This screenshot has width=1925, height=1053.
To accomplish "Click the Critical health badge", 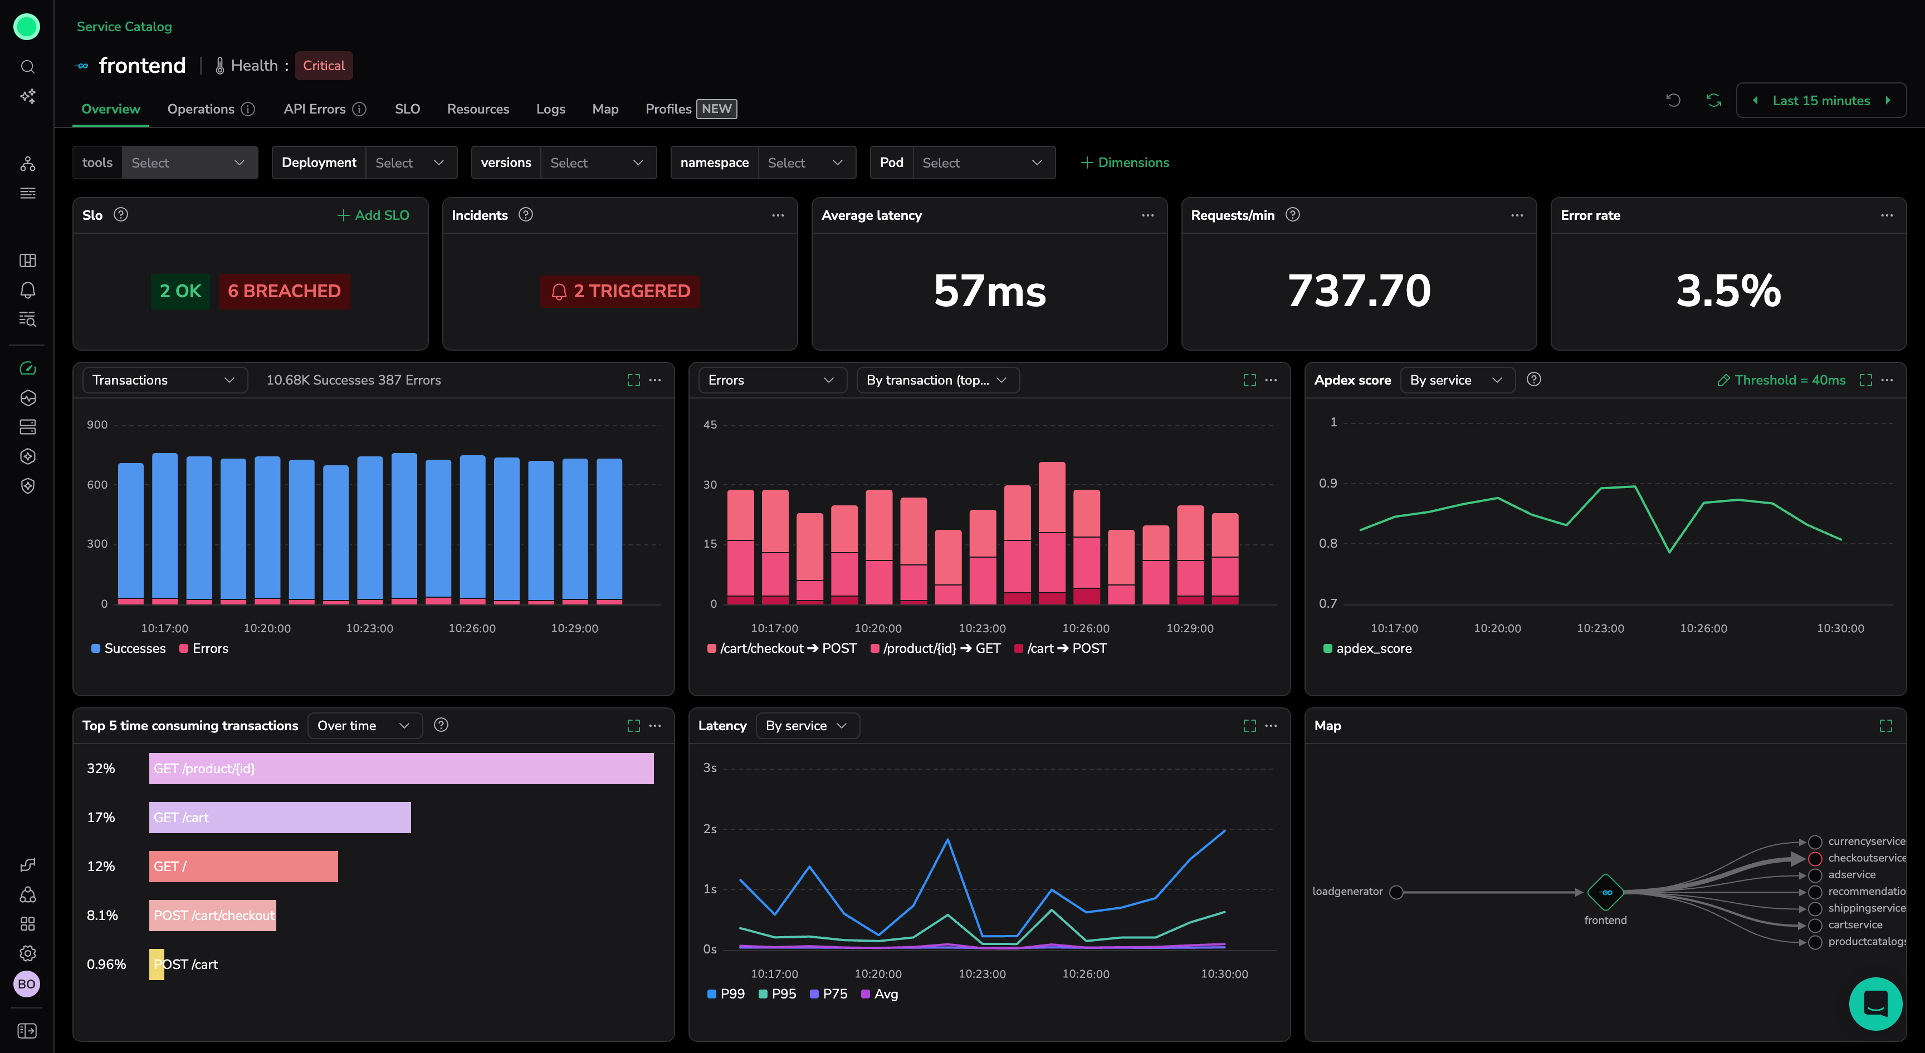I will pos(324,66).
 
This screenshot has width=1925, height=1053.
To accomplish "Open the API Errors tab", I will pos(315,109).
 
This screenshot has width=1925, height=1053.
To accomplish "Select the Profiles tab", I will pos(668,109).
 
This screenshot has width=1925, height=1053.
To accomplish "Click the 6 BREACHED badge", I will pos(284,291).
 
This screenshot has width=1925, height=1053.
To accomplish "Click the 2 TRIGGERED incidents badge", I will pos(621,291).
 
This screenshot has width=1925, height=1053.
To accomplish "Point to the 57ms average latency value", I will pos(989,291).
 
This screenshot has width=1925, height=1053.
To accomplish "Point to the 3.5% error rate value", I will pos(1728,291).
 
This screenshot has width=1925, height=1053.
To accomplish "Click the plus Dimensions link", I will pos(1125,163).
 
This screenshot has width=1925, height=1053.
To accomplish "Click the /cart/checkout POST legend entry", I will pos(781,648).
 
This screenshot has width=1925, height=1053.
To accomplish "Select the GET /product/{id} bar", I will pos(401,769).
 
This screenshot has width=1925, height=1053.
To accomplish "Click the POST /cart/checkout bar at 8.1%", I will pos(213,916).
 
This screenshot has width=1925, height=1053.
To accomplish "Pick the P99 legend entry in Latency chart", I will pos(726,994).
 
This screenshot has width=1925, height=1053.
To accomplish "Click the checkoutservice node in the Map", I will pos(1814,858).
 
